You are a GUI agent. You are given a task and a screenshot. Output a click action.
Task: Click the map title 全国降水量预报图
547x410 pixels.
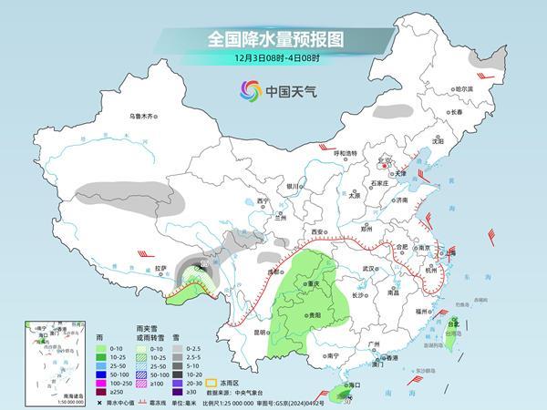(x=273, y=39)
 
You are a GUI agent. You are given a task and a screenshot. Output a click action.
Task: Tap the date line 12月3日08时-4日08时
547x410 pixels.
(x=273, y=59)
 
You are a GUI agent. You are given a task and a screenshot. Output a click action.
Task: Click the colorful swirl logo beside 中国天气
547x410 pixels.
(x=249, y=90)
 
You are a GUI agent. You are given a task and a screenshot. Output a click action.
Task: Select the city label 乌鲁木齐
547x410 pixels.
(x=143, y=116)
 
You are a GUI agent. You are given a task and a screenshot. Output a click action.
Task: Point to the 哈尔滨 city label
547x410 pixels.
(x=464, y=89)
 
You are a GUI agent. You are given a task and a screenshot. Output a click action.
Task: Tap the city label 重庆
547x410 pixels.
(x=314, y=284)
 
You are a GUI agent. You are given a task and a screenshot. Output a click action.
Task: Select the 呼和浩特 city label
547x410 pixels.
(x=351, y=152)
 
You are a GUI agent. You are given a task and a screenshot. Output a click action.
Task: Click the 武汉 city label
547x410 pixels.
(x=368, y=269)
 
